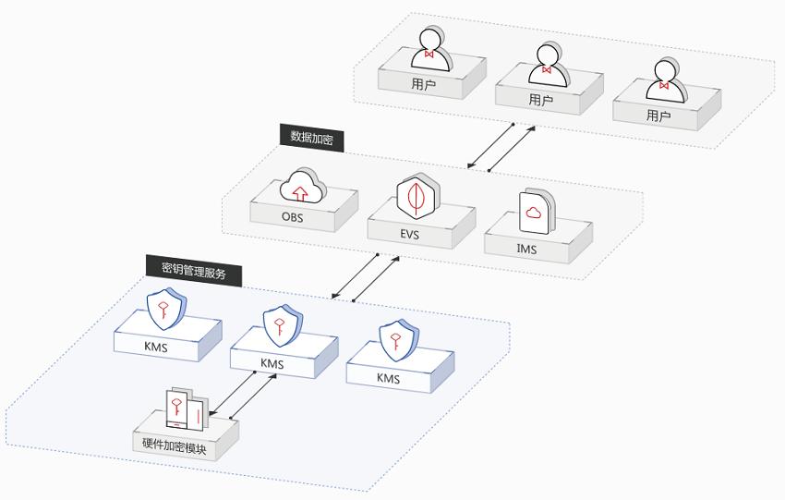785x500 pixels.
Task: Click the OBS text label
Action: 292,219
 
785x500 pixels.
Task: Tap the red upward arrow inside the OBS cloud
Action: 298,192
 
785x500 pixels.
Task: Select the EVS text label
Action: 410,235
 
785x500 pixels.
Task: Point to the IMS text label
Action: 526,249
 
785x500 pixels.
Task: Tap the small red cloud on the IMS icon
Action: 533,213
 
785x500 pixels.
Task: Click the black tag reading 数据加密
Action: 311,137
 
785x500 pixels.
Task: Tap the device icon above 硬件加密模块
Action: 185,409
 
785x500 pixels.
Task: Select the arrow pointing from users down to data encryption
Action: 490,145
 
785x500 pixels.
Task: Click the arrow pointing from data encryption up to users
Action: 511,149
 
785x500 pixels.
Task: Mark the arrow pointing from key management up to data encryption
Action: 376,279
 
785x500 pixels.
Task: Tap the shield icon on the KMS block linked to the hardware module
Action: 279,324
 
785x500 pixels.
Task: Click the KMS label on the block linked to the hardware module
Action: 272,363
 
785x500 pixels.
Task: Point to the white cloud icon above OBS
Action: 303,185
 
